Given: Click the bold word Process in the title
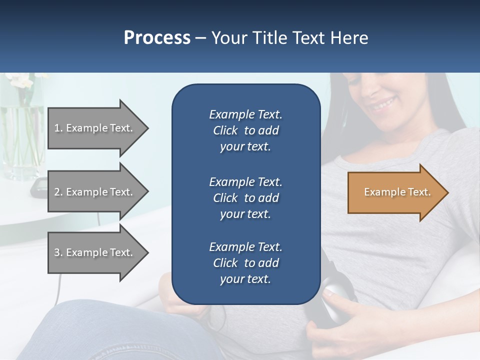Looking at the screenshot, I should pos(157,38).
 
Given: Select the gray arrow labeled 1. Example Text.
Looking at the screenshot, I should pos(95,128).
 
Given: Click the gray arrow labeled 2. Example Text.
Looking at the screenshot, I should pos(95,192).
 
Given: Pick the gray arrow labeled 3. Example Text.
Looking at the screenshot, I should pos(95,252).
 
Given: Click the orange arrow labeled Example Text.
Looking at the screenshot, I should pos(395,192).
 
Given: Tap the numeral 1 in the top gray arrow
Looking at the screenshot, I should pos(57,128).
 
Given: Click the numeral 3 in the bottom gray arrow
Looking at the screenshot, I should pos(57,252).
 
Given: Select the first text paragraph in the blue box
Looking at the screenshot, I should pos(245,130).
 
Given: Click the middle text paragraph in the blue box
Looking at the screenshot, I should pos(245,198).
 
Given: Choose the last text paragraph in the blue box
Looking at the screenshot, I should pos(245,263).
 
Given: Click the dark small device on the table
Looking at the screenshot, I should pos(38,187).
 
